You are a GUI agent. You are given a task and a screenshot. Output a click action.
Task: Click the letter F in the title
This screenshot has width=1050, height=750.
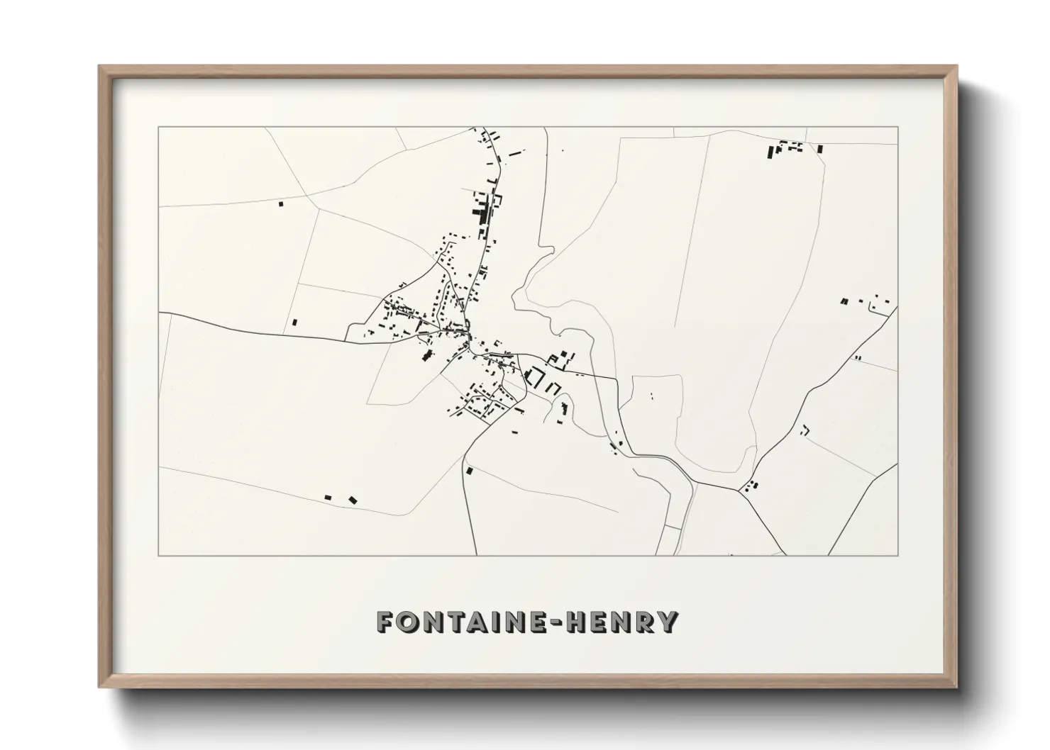point(387,622)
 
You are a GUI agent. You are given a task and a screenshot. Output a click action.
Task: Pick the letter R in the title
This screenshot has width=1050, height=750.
point(646,622)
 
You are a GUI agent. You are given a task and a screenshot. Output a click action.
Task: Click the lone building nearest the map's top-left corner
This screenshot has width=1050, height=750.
point(280,204)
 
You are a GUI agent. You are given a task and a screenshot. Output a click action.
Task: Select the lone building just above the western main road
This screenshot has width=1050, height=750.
point(294,323)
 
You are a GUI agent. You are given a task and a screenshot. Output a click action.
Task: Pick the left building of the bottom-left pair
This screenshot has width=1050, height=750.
point(328,498)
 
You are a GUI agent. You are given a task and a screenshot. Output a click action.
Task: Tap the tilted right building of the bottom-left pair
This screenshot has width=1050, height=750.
point(352,500)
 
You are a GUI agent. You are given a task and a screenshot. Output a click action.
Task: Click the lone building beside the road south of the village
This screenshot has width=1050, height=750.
point(469,470)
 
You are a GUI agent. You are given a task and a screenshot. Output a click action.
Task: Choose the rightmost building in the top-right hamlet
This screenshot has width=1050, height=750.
point(820,149)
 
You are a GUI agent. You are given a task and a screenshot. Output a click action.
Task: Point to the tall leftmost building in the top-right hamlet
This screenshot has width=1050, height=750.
point(770,151)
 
